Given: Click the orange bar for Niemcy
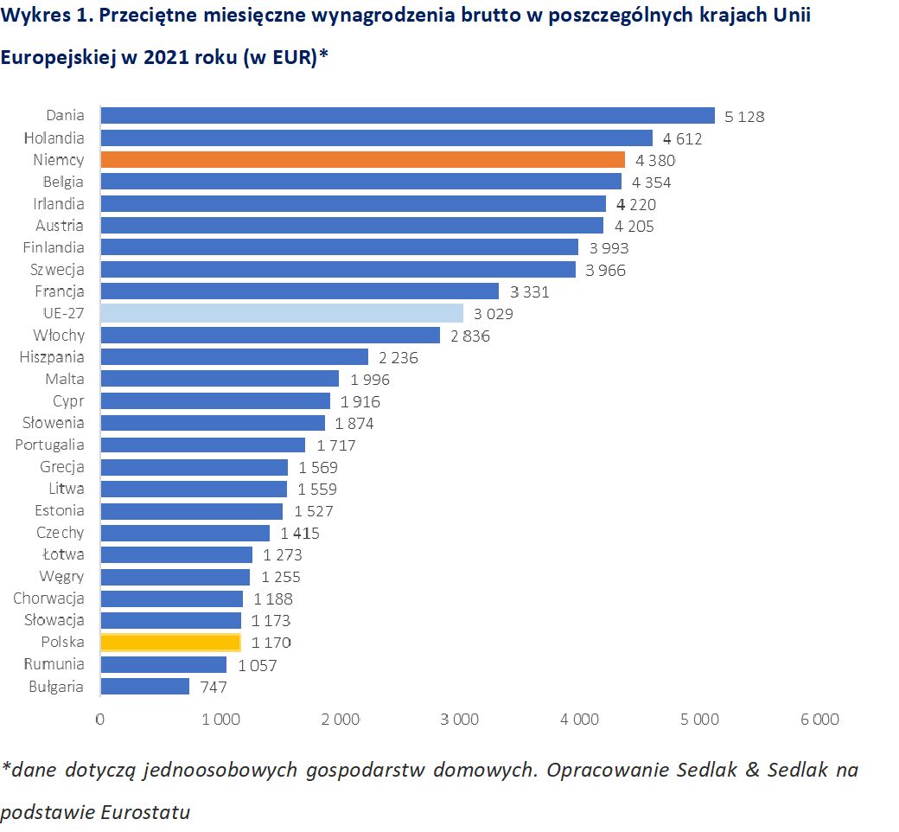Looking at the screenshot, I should tap(362, 159).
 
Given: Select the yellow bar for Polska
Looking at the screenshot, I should tap(170, 642).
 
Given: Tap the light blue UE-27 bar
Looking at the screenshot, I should tap(282, 313).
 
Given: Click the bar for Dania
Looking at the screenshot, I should tap(407, 115).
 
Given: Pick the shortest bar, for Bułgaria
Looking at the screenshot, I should tap(145, 686).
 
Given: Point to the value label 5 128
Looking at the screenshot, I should tap(744, 117).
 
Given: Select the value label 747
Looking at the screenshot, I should tap(214, 688).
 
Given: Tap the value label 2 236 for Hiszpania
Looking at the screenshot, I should tap(398, 358).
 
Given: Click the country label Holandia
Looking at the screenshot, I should tap(54, 138).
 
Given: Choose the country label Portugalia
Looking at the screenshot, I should tap(50, 445).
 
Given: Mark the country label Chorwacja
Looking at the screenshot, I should tap(48, 598).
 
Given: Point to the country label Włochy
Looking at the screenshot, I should tap(59, 335).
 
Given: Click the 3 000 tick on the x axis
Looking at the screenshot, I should tap(460, 720).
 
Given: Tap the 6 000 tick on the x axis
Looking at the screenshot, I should tap(819, 720).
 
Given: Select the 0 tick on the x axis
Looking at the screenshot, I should tap(100, 720).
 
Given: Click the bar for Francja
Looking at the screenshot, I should tap(299, 291).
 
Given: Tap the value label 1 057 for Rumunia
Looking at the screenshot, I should tap(257, 665).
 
